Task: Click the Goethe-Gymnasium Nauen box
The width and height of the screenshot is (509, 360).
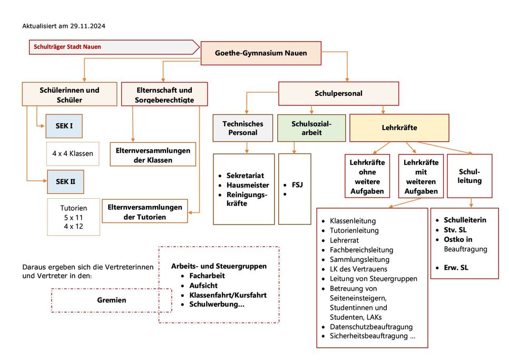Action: tap(261, 53)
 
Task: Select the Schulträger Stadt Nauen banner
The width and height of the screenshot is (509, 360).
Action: tap(114, 47)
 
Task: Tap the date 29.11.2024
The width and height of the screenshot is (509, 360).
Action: tap(87, 26)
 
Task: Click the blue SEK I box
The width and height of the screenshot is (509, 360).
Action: tap(64, 126)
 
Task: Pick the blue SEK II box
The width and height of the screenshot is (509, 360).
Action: tap(65, 182)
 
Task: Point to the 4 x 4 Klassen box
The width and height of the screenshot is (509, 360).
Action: tap(73, 153)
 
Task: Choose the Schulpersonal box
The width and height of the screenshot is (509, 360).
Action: tap(339, 93)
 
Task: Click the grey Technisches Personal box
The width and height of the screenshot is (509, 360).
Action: tap(243, 128)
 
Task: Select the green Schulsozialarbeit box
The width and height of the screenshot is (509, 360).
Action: tap(311, 128)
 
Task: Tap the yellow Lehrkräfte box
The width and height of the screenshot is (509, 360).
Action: tap(399, 128)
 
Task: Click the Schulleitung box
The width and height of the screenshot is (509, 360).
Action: tap(469, 176)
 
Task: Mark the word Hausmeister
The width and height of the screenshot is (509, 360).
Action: tap(248, 185)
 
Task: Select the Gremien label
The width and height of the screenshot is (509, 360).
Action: tap(112, 300)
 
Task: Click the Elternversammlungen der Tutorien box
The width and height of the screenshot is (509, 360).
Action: tap(145, 211)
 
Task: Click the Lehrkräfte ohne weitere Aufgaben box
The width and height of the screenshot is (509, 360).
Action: tap(367, 176)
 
